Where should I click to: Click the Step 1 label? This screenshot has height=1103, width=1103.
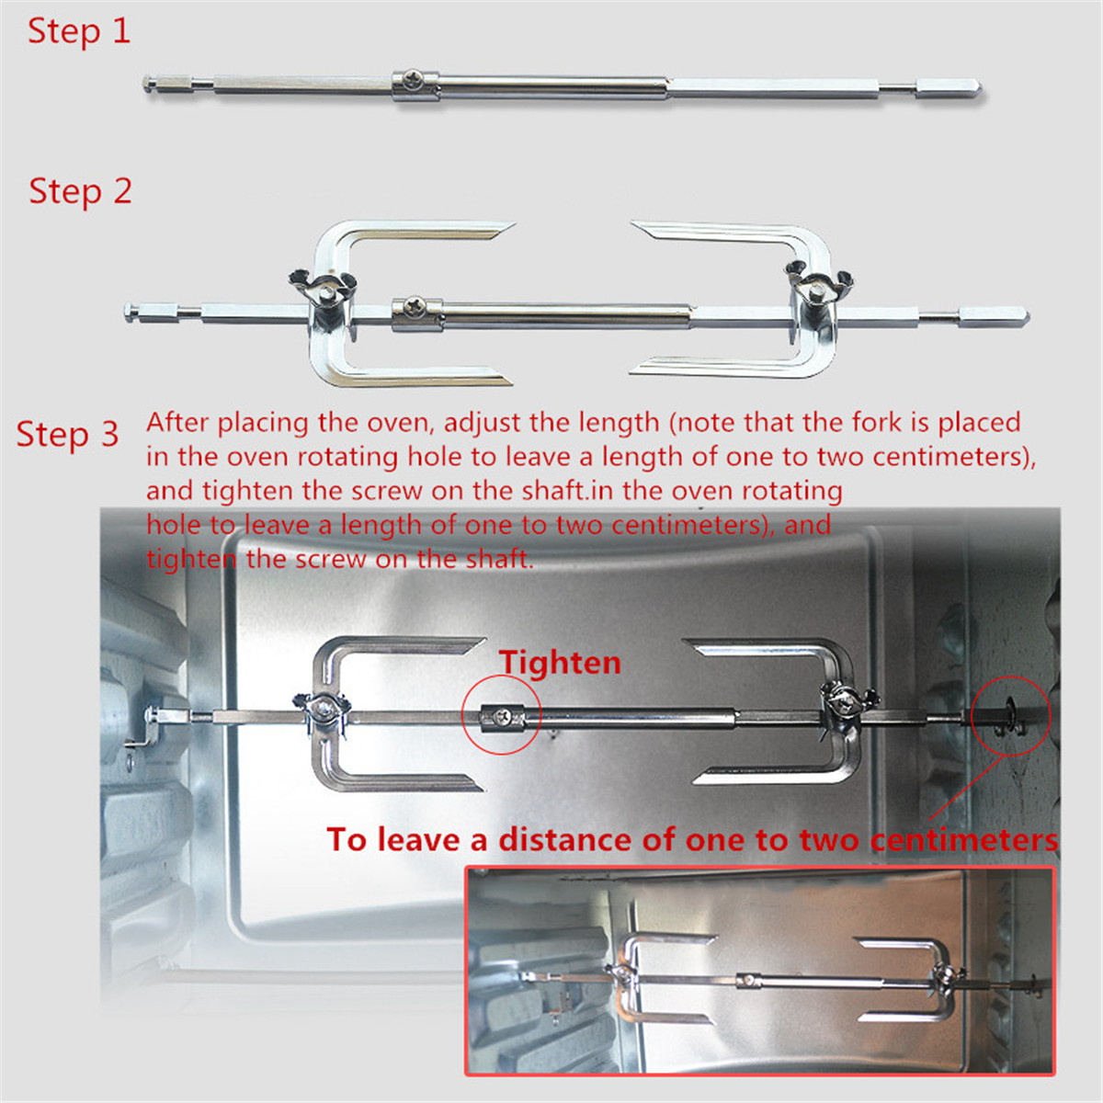79,31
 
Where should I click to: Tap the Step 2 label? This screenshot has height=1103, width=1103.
80,191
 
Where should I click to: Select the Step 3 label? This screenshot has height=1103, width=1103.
67,434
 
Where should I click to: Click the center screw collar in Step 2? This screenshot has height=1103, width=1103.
416,312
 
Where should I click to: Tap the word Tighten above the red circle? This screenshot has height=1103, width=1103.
560,663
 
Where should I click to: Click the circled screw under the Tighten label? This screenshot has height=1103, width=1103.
502,715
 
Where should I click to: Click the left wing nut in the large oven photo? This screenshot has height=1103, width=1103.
322,708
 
